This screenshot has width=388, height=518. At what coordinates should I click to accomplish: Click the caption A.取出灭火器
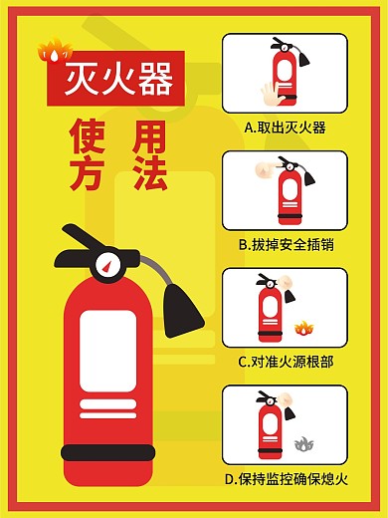[285, 128]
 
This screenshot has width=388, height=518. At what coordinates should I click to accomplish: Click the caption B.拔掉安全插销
[285, 244]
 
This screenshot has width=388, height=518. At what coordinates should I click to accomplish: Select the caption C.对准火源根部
[285, 362]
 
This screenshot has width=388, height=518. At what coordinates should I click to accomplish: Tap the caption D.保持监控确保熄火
[285, 479]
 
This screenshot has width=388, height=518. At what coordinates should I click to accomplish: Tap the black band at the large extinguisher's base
[107, 454]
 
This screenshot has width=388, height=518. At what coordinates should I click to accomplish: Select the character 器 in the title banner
[155, 78]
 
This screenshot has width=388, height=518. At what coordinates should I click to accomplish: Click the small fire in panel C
[302, 327]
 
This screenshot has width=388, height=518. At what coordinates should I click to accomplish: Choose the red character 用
[149, 135]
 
